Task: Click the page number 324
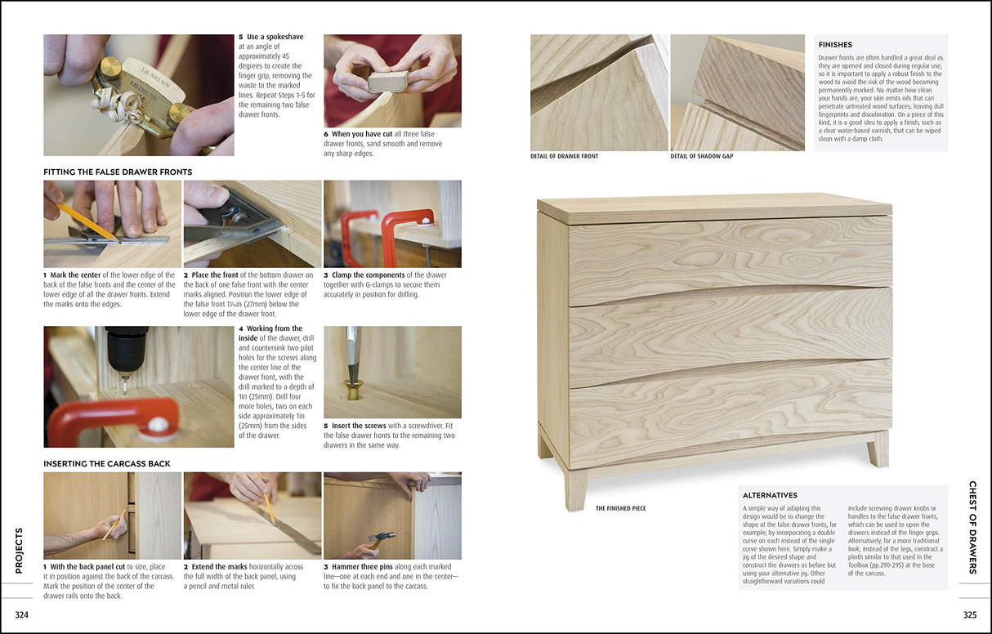pos(22,615)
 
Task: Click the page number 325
pos(969,615)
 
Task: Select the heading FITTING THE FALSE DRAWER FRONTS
pos(118,172)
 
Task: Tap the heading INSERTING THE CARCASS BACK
pos(107,463)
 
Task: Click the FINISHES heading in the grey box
pos(835,45)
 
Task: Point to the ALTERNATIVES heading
pos(770,495)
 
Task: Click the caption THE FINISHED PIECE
pos(620,508)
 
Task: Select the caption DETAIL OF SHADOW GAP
pos(702,156)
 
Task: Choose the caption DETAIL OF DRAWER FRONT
pos(564,156)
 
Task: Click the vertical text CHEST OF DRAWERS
pos(972,527)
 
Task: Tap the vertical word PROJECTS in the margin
pos(19,550)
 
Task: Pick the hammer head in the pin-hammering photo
pos(382,537)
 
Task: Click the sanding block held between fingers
pos(387,81)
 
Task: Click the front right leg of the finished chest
pos(878,449)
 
